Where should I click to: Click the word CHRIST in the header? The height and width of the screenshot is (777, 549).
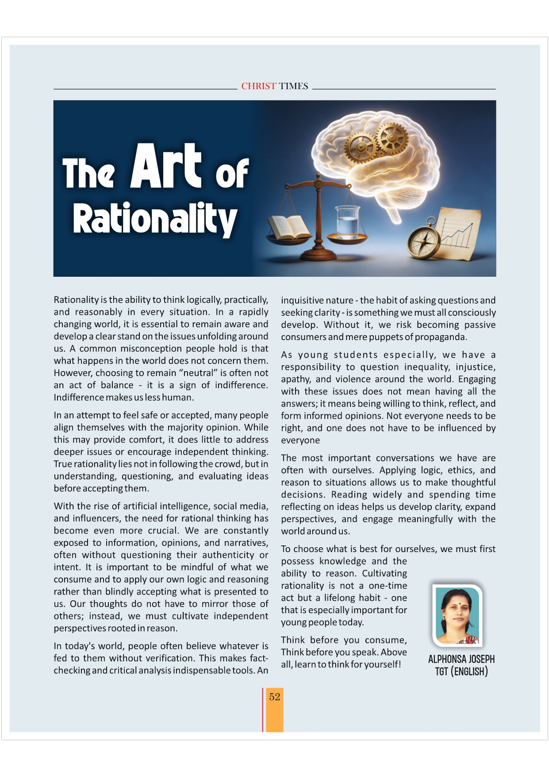point(258,86)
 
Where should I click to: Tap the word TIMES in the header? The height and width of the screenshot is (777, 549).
point(293,86)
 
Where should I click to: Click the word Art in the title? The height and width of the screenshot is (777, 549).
point(166,166)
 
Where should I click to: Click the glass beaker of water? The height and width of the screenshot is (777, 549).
point(347,221)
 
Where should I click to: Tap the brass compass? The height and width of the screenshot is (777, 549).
point(424,241)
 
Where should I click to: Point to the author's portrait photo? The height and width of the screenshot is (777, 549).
point(457,615)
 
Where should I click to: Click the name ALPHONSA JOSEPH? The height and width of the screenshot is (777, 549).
point(461,659)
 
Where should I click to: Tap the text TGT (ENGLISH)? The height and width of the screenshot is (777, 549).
point(461,672)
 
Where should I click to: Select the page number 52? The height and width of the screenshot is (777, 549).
point(275,697)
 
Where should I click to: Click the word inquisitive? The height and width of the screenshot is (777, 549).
point(301,300)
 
